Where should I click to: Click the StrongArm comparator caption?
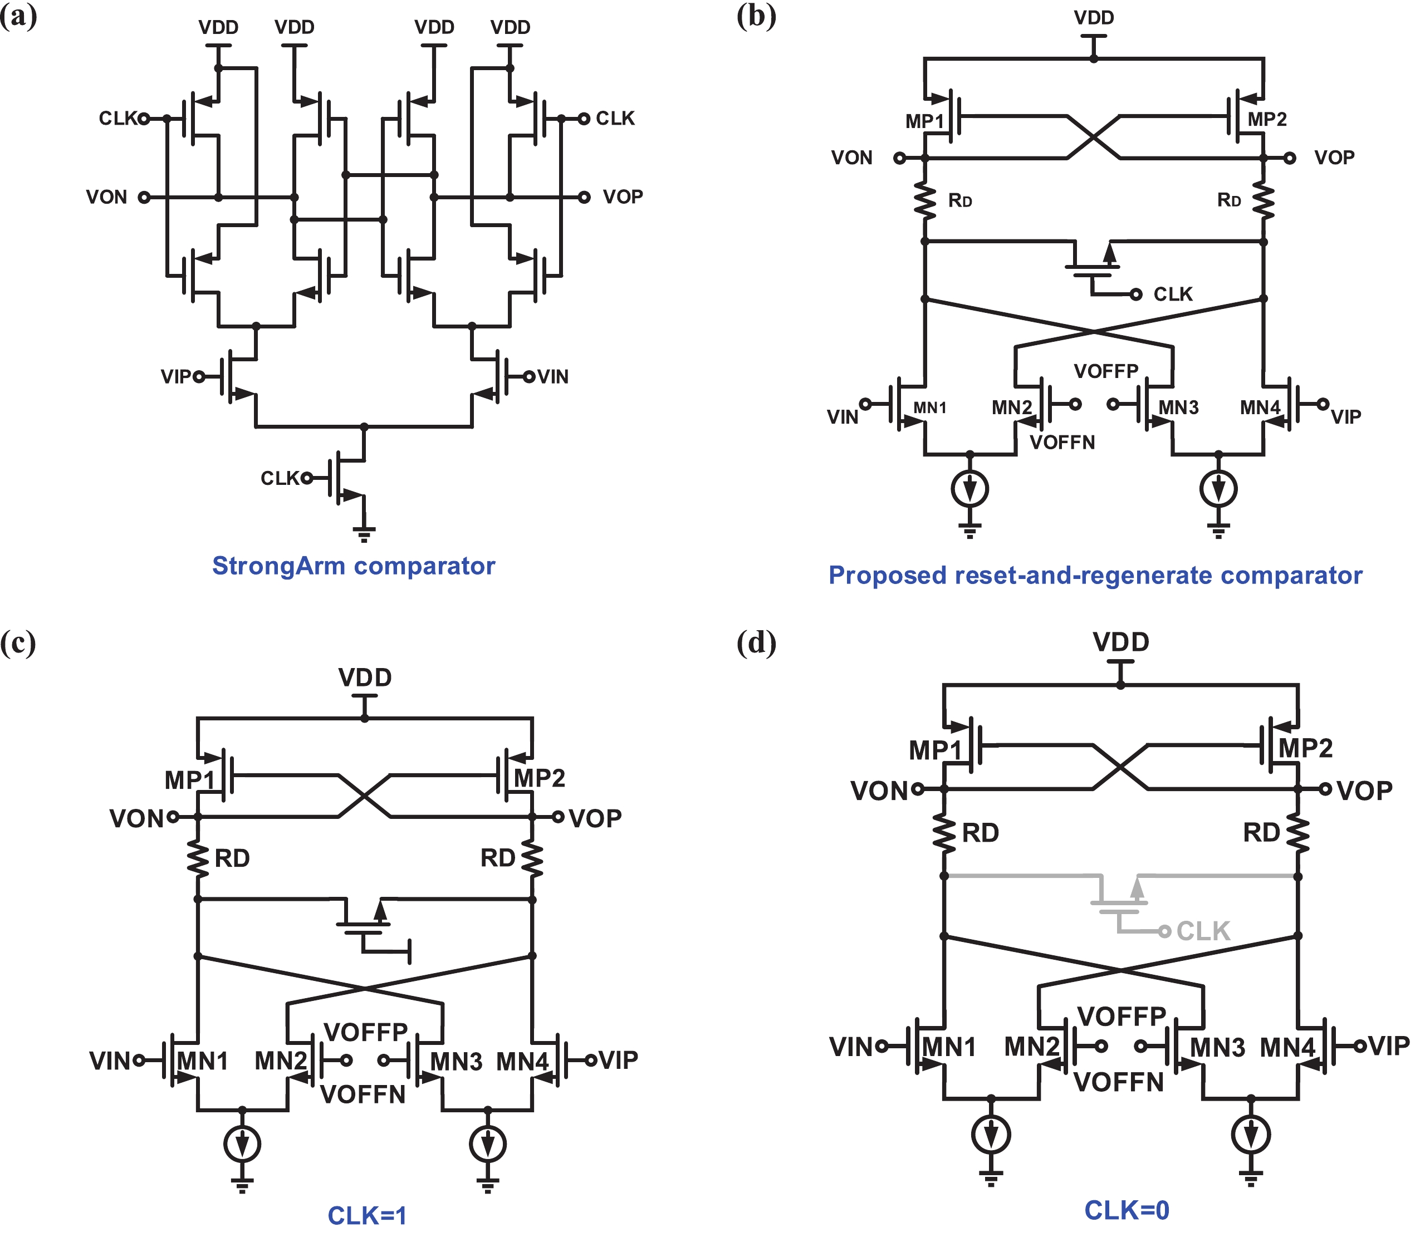(354, 566)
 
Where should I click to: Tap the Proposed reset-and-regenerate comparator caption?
(1095, 575)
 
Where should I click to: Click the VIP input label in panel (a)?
(175, 376)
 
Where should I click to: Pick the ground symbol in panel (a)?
(364, 534)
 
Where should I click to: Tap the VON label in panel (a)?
(107, 198)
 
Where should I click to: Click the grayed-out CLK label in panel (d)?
(1203, 931)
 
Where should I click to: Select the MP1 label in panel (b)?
(924, 121)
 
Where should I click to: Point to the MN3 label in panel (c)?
(456, 1061)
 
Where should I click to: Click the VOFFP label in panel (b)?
(1106, 371)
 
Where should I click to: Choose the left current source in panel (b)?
(969, 489)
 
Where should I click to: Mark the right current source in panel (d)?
(1250, 1135)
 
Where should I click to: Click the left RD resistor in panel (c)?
(198, 858)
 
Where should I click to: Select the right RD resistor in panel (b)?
(1263, 201)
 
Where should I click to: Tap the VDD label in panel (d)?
(1121, 642)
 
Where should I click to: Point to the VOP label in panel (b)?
(1334, 158)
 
